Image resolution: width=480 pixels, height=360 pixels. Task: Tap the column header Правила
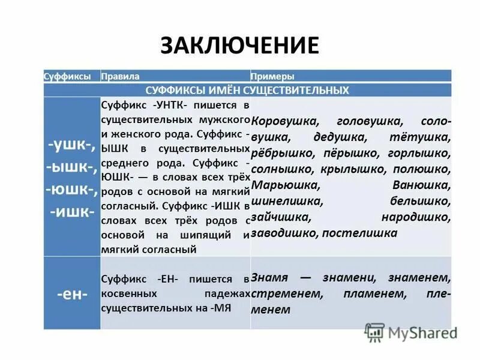tap(121, 77)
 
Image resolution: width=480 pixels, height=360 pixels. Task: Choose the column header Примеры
tap(272, 77)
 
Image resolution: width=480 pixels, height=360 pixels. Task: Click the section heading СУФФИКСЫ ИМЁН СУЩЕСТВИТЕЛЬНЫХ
tap(247, 90)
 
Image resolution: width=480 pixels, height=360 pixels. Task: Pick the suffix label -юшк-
tap(71, 190)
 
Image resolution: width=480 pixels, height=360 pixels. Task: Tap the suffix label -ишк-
tap(71, 213)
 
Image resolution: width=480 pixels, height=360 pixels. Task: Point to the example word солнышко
tap(281, 170)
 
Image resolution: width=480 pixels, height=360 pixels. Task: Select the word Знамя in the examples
tap(270, 278)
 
